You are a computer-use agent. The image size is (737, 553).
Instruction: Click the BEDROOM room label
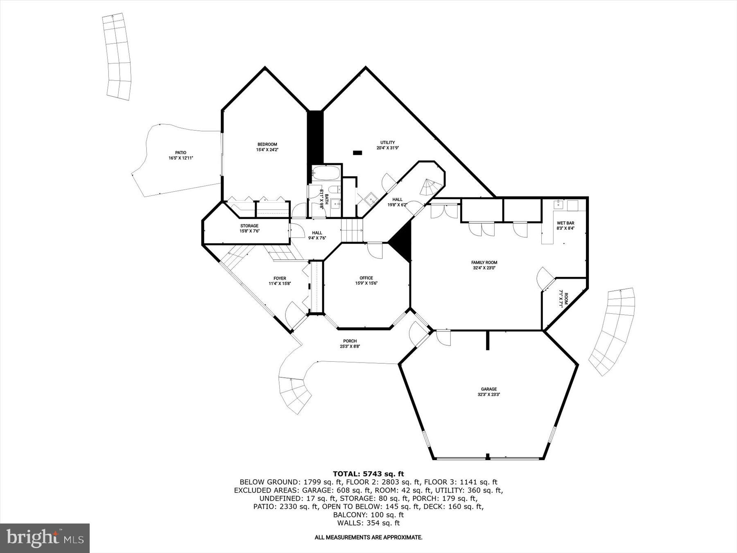point(267,144)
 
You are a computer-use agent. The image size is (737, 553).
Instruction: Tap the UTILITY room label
point(387,143)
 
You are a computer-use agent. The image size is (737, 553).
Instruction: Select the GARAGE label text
point(489,389)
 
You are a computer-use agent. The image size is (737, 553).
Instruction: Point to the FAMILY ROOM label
point(484,263)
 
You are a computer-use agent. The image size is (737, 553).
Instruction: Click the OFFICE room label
point(366,278)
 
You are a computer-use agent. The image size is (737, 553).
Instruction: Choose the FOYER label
point(280,279)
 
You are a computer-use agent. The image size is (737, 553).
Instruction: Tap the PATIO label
point(181,153)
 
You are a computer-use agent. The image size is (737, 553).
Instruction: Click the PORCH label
point(350,341)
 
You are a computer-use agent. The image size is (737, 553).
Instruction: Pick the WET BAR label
point(565,223)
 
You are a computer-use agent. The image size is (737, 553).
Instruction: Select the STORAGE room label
point(249,226)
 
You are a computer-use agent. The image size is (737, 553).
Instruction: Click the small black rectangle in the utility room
point(357,153)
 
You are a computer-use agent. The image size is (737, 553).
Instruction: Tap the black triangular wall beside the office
point(402,242)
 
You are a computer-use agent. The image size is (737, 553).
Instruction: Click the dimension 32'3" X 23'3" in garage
point(489,395)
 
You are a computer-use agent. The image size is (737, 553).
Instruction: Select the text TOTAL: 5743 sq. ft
point(368,474)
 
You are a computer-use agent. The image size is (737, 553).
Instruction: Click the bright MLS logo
point(45,537)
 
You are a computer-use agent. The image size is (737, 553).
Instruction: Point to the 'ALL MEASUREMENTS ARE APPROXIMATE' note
point(368,537)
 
